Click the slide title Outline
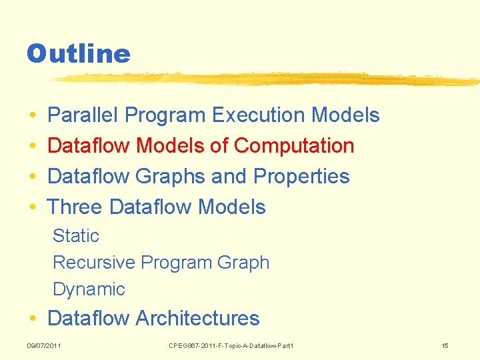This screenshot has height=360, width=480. click(x=78, y=53)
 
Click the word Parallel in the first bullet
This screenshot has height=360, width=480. click(x=83, y=115)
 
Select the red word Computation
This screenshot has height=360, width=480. click(x=294, y=146)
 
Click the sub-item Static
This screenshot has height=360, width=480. click(x=75, y=236)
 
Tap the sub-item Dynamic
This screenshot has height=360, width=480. click(x=89, y=289)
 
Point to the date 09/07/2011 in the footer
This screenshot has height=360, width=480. click(x=44, y=345)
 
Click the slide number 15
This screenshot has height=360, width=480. click(x=445, y=345)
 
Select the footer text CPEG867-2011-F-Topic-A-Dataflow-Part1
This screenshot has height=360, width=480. click(x=231, y=345)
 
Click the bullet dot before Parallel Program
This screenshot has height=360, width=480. click(x=33, y=116)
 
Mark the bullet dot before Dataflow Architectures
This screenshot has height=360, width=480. click(x=33, y=319)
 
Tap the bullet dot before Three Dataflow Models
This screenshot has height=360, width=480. click(x=33, y=208)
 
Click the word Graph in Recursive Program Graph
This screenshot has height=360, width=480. click(x=243, y=263)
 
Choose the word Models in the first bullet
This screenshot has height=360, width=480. click(x=345, y=115)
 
